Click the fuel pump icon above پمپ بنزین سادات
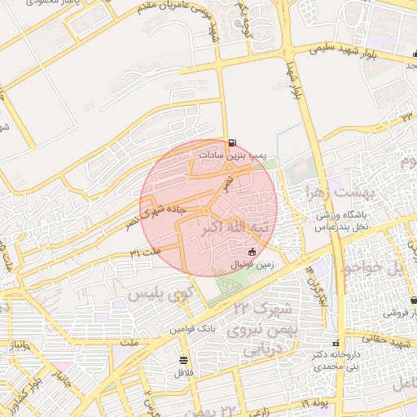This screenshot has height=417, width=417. tap(235, 141)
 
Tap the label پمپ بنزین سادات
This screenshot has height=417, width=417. tap(235, 153)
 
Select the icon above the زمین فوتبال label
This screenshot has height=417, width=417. tap(251, 252)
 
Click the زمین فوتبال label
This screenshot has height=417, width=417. tap(252, 265)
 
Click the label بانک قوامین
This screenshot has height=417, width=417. tap(192, 329)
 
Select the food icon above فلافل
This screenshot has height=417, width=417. tap(182, 359)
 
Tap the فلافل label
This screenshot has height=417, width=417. tap(182, 371)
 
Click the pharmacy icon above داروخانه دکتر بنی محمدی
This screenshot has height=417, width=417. tap(336, 343)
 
